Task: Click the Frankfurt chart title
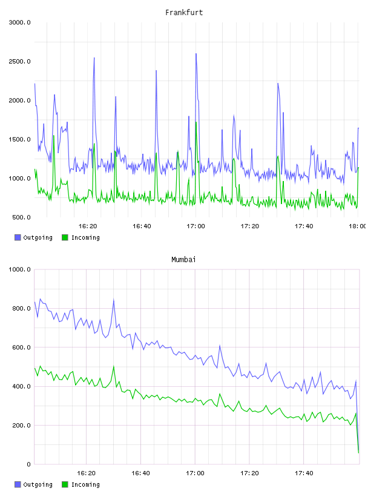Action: click(184, 13)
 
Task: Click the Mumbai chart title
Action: click(183, 260)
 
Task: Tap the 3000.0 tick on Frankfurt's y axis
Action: click(20, 22)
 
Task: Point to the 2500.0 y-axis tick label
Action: click(20, 61)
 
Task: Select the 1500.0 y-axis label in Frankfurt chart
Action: click(20, 140)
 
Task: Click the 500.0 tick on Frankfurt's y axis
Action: click(21, 217)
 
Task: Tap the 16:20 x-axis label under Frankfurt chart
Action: click(88, 226)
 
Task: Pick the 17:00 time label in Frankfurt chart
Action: click(195, 226)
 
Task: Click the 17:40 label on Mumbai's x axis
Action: click(304, 473)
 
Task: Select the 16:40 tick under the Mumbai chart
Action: click(140, 473)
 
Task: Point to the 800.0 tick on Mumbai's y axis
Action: click(21, 308)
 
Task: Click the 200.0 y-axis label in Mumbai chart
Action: click(21, 426)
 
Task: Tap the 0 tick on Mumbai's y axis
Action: click(28, 464)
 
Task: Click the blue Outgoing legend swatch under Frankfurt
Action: click(18, 237)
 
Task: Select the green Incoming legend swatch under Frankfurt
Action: click(65, 237)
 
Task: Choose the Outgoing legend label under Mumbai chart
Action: click(38, 484)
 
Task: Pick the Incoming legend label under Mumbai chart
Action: click(85, 484)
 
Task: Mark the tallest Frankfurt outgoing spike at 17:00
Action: click(196, 53)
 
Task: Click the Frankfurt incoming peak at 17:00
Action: click(196, 122)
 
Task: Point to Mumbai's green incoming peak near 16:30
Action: click(113, 366)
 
